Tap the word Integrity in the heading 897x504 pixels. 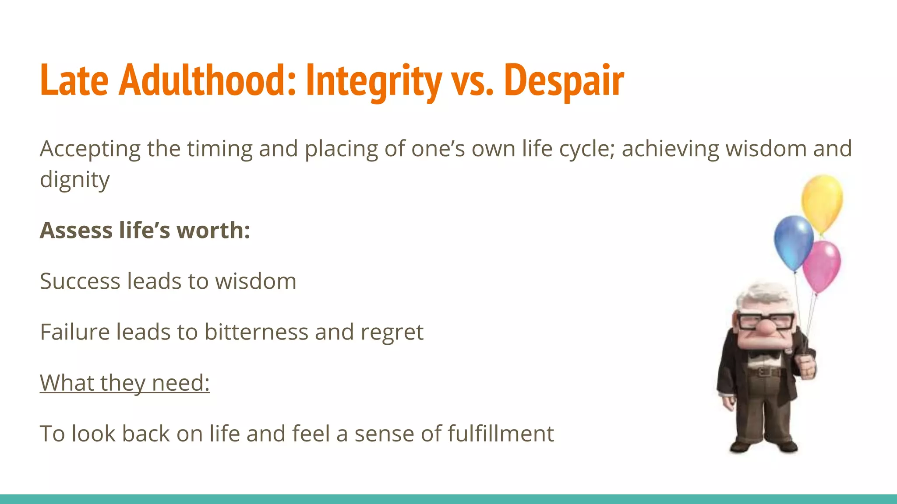374,81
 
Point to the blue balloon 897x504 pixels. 793,241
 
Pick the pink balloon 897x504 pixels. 822,265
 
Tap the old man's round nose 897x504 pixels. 766,328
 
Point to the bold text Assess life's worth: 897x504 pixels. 145,230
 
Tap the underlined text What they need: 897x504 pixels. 125,382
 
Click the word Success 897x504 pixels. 80,281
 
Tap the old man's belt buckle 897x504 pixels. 765,372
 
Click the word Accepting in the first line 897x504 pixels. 90,149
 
